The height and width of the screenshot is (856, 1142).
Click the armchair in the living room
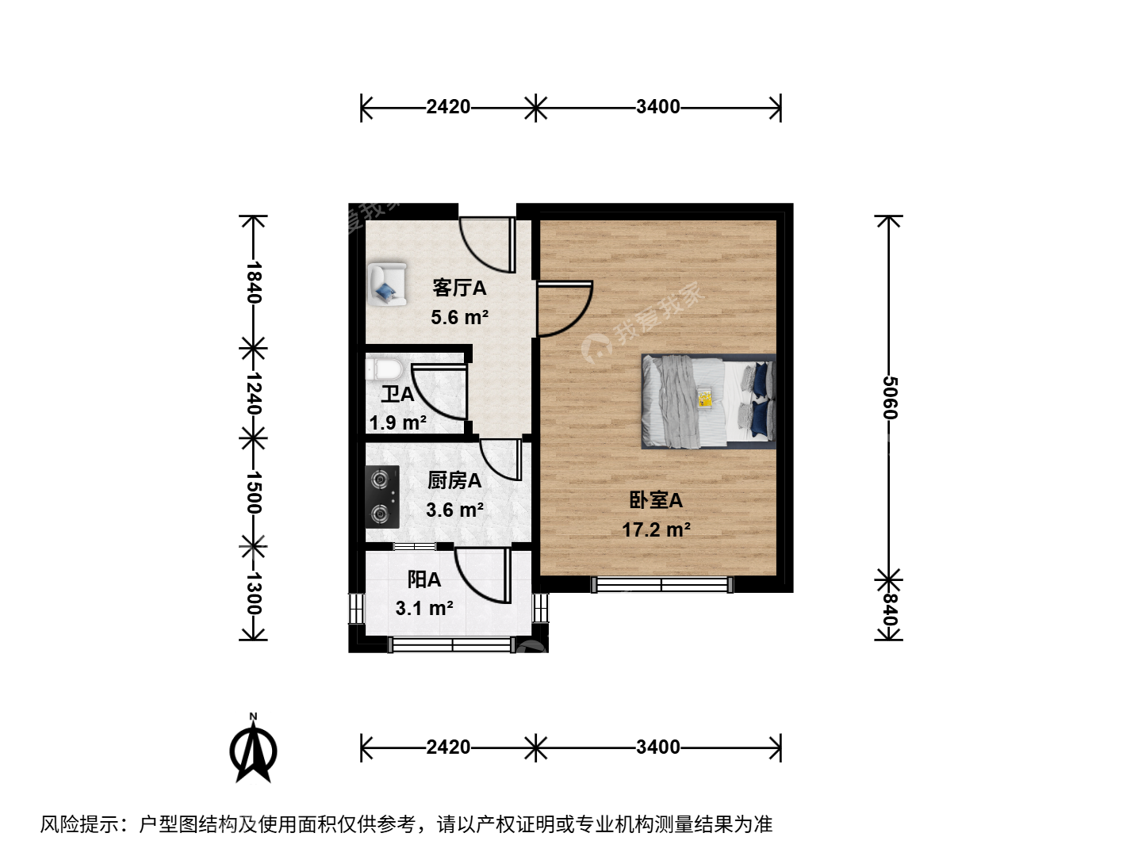click(386, 285)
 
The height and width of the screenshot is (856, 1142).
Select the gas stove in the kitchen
click(382, 497)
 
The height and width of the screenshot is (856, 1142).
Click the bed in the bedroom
click(709, 401)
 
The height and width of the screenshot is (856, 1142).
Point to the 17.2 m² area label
click(657, 529)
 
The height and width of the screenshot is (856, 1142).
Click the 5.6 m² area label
click(459, 317)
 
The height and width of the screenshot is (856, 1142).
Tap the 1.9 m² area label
click(398, 422)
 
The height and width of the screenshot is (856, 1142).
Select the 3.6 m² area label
click(454, 510)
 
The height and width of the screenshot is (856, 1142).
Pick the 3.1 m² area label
click(424, 608)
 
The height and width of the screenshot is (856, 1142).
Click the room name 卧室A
click(656, 500)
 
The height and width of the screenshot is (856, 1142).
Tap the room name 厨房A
click(454, 481)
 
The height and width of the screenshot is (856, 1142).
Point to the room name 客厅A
click(459, 288)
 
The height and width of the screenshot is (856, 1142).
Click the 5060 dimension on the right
click(890, 398)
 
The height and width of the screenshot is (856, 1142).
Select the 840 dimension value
click(890, 610)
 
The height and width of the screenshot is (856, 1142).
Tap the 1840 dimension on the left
click(253, 282)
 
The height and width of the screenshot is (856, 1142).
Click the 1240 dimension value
click(253, 392)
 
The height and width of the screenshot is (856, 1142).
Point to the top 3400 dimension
click(658, 107)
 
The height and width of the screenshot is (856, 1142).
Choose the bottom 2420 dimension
click(449, 747)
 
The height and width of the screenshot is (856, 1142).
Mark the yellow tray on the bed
click(706, 398)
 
